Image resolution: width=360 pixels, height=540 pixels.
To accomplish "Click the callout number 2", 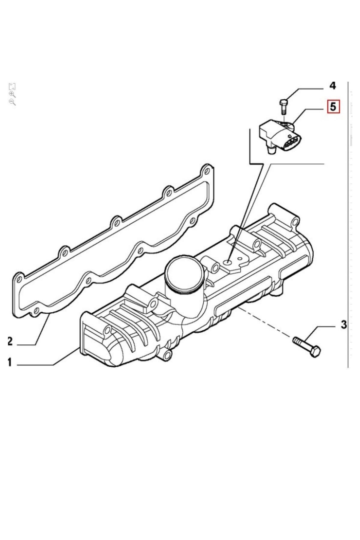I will (10, 341).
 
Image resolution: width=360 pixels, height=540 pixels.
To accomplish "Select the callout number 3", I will (344, 325).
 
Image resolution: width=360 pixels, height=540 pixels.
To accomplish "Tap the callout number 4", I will (332, 86).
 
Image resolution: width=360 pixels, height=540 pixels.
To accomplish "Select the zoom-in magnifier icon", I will (12, 95).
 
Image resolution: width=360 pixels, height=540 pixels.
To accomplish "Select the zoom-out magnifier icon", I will (12, 102).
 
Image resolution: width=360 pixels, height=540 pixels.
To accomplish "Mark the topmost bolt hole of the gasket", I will (206, 170).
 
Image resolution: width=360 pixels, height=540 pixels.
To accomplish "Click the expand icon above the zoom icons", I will (12, 87).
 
